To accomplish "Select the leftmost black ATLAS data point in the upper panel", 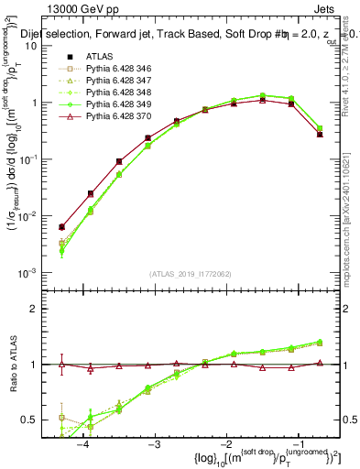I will click(61, 227).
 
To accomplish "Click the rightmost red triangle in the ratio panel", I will click(320, 363).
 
